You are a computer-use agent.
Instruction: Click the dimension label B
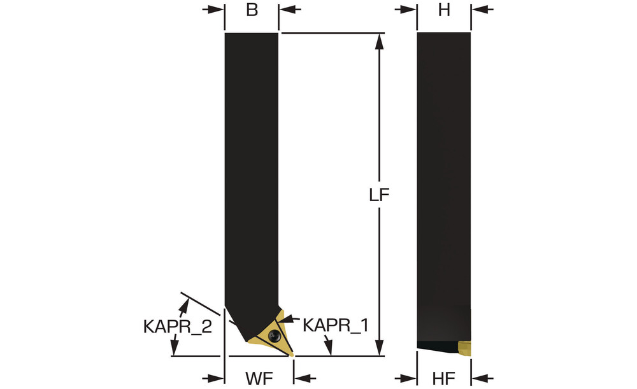(x=252, y=10)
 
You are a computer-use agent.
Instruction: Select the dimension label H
(x=444, y=10)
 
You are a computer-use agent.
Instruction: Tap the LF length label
(x=379, y=195)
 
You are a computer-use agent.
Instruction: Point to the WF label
(x=259, y=378)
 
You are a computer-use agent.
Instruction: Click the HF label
(x=443, y=378)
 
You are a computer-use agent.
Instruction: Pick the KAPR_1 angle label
(x=336, y=325)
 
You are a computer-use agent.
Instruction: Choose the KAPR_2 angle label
(x=178, y=326)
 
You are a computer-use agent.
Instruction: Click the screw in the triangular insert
(x=275, y=336)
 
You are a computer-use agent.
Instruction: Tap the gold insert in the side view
(x=465, y=348)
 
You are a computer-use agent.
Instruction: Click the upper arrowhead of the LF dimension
(x=380, y=41)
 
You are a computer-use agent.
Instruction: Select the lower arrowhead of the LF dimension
(x=380, y=348)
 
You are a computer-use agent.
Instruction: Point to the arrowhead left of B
(x=216, y=10)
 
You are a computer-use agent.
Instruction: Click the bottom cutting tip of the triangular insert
(x=292, y=356)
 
